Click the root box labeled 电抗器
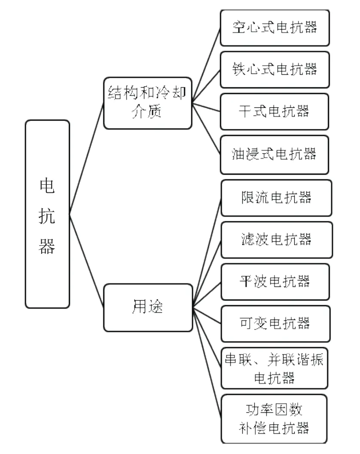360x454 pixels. click(x=48, y=214)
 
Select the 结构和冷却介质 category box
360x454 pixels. click(x=148, y=103)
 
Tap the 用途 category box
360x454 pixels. click(x=148, y=308)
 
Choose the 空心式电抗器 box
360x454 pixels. click(x=275, y=28)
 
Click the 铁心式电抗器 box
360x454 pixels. click(x=275, y=70)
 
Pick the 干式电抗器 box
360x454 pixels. click(x=275, y=112)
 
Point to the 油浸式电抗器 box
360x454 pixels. click(x=275, y=155)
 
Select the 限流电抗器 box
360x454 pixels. click(x=276, y=198)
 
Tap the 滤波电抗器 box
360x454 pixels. click(x=277, y=240)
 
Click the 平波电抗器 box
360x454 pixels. click(x=275, y=282)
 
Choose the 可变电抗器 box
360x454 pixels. click(x=275, y=324)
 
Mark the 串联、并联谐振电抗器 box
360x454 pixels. click(x=274, y=368)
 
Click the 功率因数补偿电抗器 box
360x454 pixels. click(x=274, y=419)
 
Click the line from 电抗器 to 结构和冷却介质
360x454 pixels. click(x=87, y=158)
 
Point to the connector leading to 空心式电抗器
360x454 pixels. click(x=206, y=65)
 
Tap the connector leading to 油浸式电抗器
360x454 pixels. click(x=206, y=129)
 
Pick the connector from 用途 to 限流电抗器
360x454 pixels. click(x=207, y=253)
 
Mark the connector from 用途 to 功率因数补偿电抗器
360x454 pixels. click(x=207, y=363)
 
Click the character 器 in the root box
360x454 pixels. click(x=47, y=247)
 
